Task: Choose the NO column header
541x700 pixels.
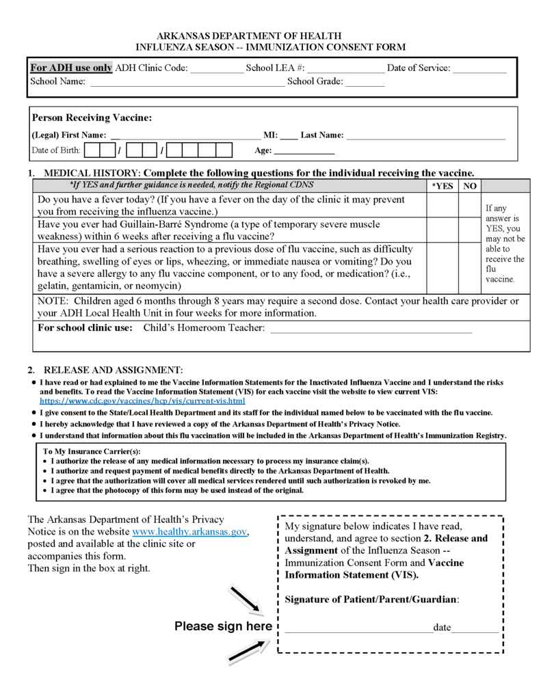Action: (469, 186)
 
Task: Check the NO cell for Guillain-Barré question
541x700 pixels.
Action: (469, 230)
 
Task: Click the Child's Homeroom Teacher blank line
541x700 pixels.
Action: (371, 329)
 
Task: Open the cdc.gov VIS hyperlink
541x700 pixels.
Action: (142, 401)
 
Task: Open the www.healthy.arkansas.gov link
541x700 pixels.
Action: (189, 532)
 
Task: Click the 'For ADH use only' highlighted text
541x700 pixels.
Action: (71, 68)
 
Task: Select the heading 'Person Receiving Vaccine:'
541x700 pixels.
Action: (92, 118)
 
